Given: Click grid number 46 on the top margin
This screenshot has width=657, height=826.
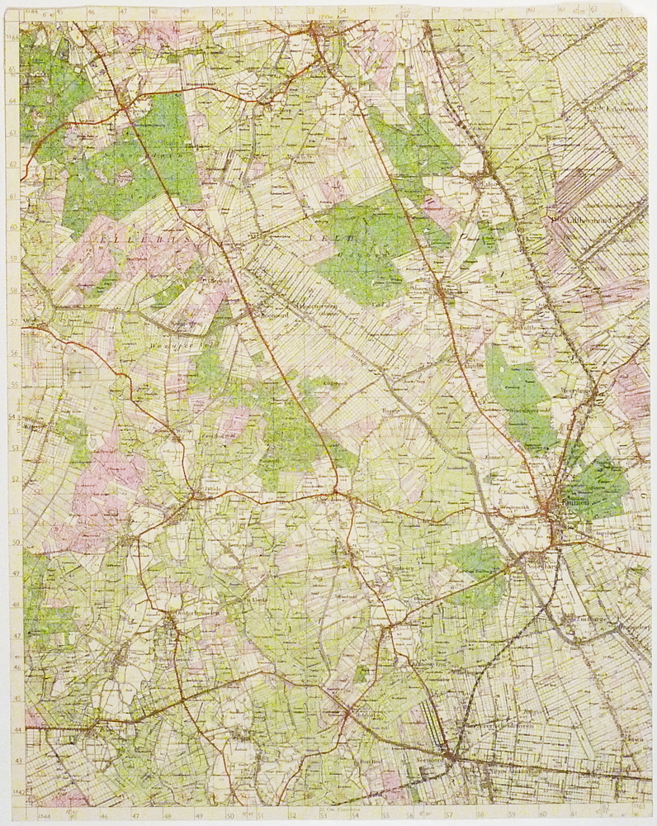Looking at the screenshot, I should coord(91,12).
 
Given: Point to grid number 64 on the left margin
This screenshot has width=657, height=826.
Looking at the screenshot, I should coord(12,102).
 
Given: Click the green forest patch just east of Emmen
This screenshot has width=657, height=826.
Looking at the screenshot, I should coord(598,487).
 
